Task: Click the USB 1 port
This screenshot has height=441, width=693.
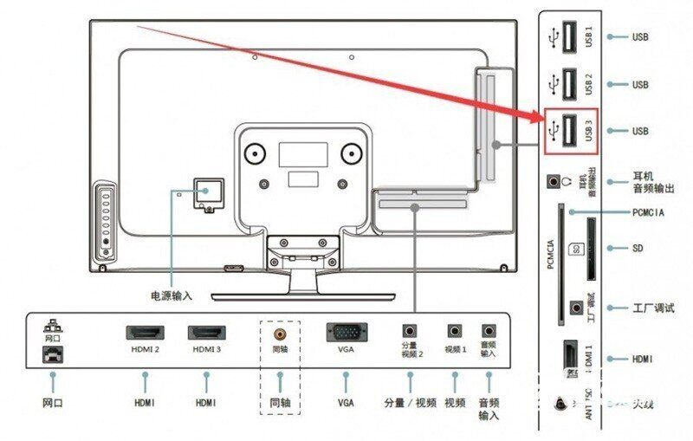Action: click(568, 38)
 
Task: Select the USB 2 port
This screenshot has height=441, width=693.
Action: click(568, 84)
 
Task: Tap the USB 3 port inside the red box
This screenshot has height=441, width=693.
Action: click(568, 131)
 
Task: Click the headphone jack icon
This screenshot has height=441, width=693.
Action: click(554, 182)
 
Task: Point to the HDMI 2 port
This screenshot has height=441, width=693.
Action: click(146, 333)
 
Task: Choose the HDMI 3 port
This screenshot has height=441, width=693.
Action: click(207, 333)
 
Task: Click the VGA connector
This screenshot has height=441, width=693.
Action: click(346, 332)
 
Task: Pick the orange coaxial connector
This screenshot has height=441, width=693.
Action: click(280, 332)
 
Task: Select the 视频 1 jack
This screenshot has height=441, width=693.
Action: click(454, 330)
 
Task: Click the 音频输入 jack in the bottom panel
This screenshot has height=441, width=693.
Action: click(489, 330)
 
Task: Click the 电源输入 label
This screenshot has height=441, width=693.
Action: click(171, 295)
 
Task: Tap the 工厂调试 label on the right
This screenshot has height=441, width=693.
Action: click(653, 308)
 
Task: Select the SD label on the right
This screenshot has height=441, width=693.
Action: click(638, 248)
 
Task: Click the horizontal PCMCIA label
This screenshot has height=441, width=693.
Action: click(649, 211)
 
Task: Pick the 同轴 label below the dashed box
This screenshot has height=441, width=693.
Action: click(280, 403)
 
